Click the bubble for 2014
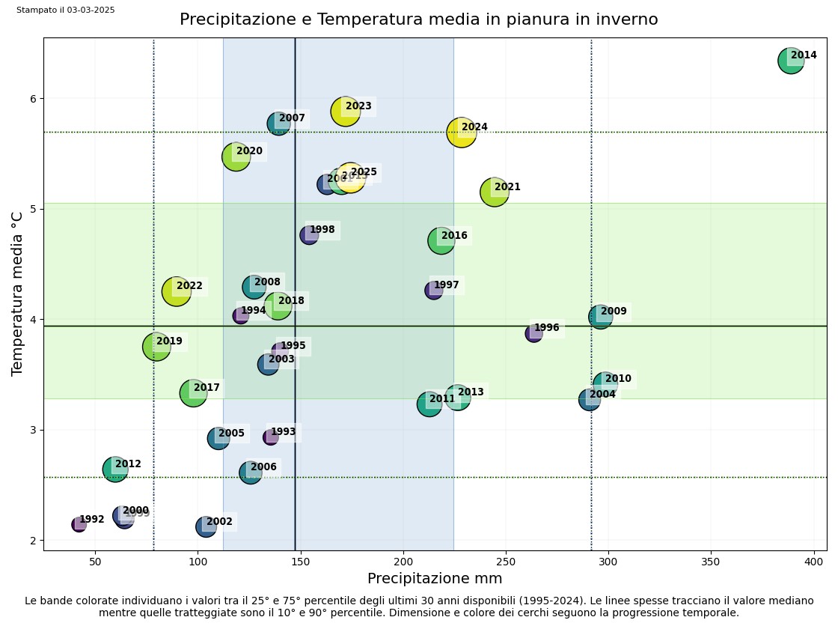790,61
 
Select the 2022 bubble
176,291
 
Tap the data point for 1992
79,524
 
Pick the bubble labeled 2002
206,526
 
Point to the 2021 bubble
494,192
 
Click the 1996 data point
533,333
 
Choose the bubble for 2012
115,470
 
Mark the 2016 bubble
441,240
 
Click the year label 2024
474,127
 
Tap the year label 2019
169,341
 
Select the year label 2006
263,467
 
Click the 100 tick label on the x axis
198,561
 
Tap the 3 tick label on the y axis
33,430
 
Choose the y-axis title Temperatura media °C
17,294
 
